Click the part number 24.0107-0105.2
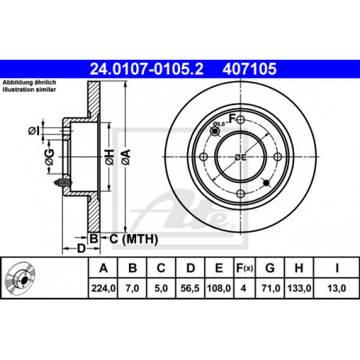click(x=147, y=69)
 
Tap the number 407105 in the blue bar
click(x=249, y=69)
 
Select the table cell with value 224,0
click(x=104, y=288)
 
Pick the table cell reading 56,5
click(x=190, y=288)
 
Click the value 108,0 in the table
click(x=219, y=288)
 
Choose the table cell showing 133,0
click(x=299, y=288)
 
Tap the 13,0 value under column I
click(x=337, y=288)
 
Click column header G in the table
click(x=270, y=268)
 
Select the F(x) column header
click(x=245, y=268)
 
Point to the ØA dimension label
click(x=126, y=157)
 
